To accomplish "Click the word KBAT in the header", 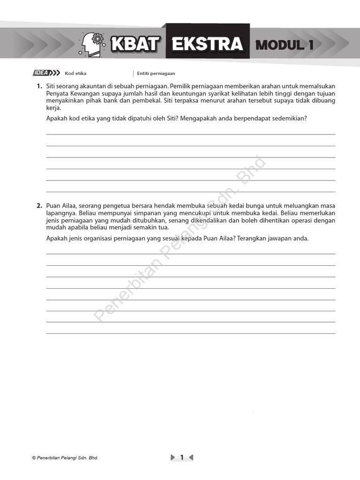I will [135, 45].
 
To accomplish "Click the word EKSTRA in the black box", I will [207, 45].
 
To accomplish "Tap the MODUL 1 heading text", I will [285, 45].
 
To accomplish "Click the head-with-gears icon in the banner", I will [93, 45].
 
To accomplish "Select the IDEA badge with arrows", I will [46, 73].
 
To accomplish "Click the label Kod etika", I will [75, 74].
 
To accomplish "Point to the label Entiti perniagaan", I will [156, 74].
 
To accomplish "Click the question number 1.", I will [39, 86].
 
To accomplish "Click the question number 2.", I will [39, 206].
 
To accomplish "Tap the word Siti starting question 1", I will [52, 86].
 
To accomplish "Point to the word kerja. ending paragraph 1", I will [53, 108].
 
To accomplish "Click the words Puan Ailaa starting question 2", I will [61, 206].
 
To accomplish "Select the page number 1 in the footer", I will [182, 457].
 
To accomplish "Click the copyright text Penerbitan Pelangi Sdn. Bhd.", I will [65, 458].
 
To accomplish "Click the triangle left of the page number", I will [173, 457].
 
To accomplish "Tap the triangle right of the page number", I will [191, 457].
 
